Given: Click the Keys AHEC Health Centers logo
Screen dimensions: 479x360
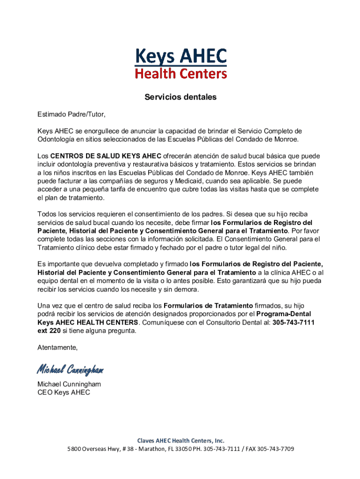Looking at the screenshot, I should (180, 63).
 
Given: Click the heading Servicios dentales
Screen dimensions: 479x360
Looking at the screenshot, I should (180, 97).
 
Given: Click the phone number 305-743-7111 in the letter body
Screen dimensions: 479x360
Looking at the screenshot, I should (294, 322).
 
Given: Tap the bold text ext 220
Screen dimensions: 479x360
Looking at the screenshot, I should (49, 331).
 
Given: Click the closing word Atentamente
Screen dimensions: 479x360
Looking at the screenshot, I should (58, 348).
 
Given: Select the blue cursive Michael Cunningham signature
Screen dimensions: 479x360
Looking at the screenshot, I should (70, 370).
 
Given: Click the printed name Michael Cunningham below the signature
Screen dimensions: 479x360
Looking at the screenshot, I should (69, 384).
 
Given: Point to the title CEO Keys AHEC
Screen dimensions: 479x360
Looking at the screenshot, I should (64, 392).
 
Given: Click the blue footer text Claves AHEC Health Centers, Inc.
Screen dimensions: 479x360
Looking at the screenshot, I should (180, 441).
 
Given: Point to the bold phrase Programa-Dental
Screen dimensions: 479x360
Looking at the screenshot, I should (284, 314).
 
